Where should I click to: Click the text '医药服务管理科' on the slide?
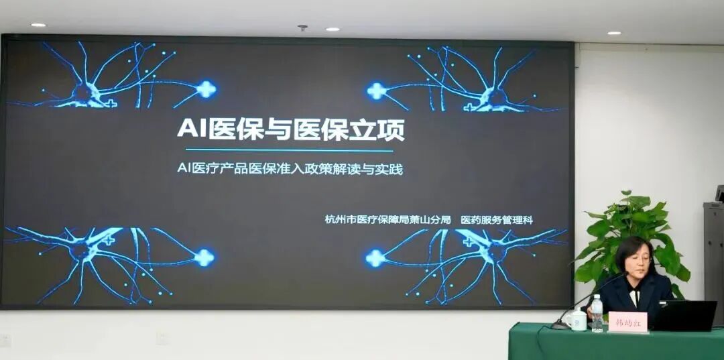click(x=497, y=219)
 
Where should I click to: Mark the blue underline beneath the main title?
click(x=289, y=150)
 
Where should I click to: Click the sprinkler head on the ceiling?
click(x=302, y=28)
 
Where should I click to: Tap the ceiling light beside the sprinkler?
click(x=332, y=29)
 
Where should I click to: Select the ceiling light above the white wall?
click(x=614, y=32)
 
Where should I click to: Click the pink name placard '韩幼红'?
click(x=627, y=322)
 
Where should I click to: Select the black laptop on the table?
click(x=684, y=316)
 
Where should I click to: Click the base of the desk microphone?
click(x=559, y=325)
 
